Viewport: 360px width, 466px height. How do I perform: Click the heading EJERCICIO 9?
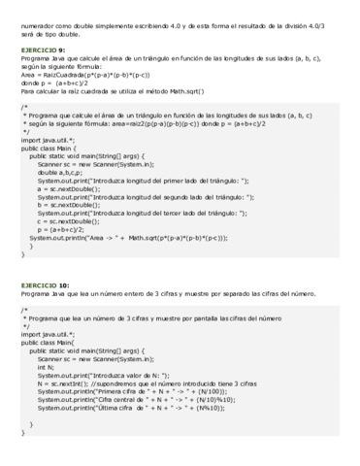pyautogui.click(x=41, y=48)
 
